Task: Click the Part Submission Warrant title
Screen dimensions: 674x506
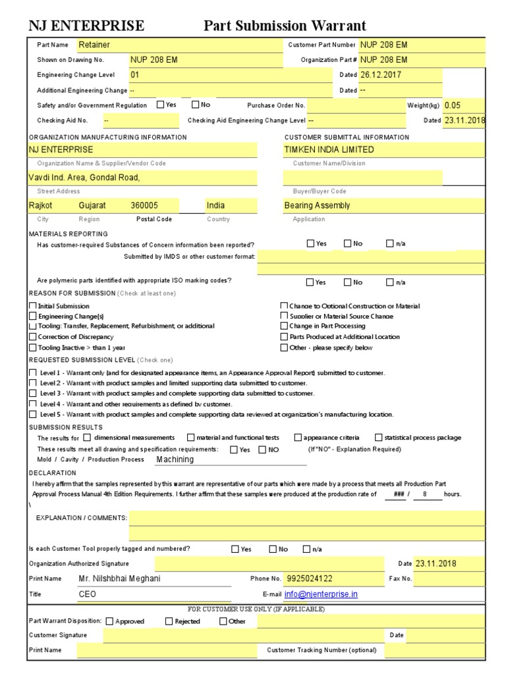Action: tap(285, 26)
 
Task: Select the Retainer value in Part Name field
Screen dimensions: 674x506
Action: tap(94, 45)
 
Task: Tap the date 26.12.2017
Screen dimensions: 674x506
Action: tap(380, 74)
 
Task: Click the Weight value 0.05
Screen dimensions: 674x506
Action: tap(453, 105)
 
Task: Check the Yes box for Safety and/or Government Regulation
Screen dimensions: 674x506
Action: tap(161, 104)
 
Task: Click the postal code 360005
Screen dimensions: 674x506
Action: tap(144, 205)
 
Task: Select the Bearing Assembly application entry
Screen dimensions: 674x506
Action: tap(317, 205)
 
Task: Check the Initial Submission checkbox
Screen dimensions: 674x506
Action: tap(33, 306)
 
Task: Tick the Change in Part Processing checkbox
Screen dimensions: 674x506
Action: tap(284, 326)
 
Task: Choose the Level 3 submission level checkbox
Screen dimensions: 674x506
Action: tap(33, 393)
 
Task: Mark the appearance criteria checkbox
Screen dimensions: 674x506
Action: tap(298, 437)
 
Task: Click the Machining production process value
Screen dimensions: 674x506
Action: tap(175, 459)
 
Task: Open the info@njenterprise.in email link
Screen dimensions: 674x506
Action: tap(321, 594)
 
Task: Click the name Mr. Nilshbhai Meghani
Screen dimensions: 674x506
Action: tap(119, 579)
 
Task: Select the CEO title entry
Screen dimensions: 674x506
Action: tap(88, 594)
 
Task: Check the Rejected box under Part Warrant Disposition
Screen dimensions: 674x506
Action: tap(169, 621)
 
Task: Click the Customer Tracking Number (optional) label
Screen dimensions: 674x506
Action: tap(322, 650)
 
